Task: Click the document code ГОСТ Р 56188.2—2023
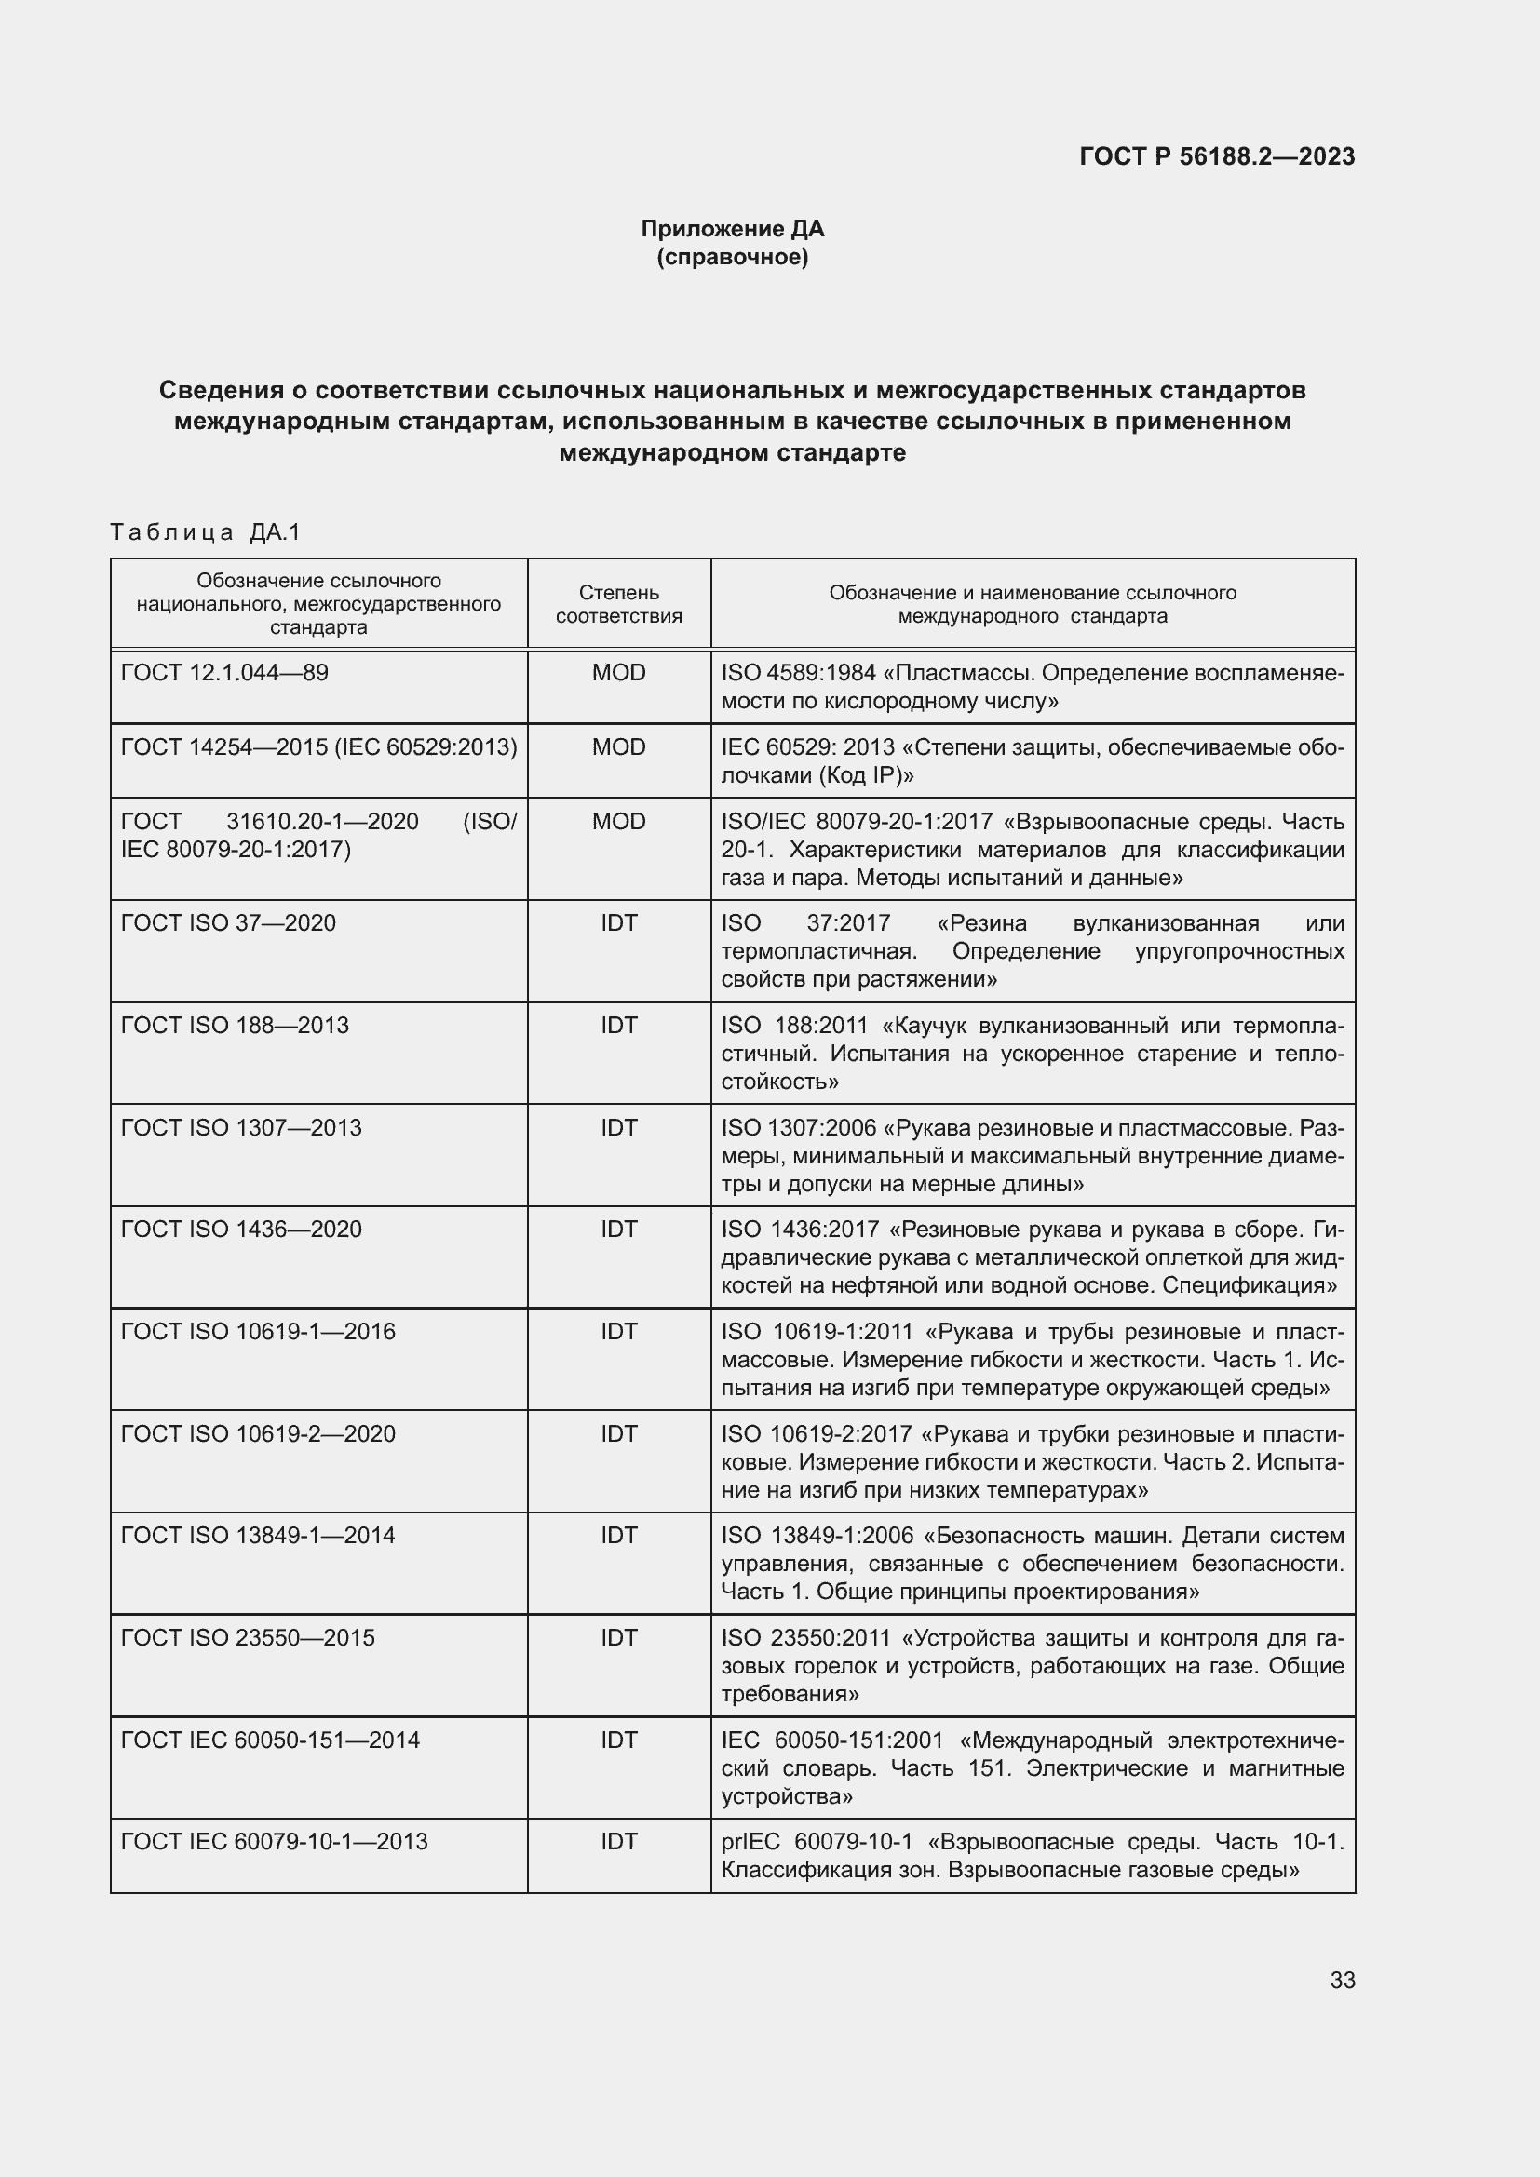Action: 1217,156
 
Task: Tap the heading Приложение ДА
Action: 732,229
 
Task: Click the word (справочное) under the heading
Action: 732,257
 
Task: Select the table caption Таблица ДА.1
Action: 205,532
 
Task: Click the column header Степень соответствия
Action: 618,604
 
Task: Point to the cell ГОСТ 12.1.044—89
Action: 224,672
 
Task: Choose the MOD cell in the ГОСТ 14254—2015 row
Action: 618,747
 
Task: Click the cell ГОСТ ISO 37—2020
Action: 228,922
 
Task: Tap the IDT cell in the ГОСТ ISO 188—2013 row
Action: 618,1025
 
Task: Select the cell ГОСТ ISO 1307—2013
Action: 242,1127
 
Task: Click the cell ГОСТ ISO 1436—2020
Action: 242,1229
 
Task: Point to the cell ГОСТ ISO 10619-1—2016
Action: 258,1331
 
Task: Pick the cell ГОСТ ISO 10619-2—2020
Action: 258,1433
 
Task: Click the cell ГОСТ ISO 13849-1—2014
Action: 258,1535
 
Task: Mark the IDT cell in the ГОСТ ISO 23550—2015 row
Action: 618,1637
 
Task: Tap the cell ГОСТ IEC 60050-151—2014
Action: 270,1740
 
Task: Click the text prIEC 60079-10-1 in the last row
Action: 817,1841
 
